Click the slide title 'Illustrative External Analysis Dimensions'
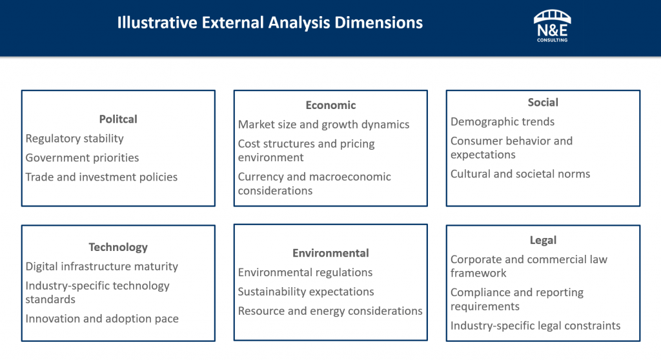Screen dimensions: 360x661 270,23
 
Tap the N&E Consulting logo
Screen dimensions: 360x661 551,26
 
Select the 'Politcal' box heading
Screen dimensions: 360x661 118,119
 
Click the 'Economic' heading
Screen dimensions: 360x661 330,105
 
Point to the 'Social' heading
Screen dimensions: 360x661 543,103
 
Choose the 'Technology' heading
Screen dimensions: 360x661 118,247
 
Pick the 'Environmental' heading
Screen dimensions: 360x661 330,254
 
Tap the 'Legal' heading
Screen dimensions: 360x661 543,241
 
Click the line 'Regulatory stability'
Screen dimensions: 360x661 74,139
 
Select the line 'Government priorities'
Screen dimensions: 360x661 82,158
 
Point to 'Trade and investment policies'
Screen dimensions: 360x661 101,177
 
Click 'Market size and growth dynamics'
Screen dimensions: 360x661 323,125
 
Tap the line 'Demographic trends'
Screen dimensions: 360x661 502,122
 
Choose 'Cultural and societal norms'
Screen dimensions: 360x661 520,174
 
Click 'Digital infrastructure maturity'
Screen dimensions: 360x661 101,266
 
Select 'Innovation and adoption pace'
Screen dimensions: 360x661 102,319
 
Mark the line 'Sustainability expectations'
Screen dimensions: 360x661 306,292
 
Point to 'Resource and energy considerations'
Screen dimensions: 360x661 330,312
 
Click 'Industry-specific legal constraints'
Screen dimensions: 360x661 535,326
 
